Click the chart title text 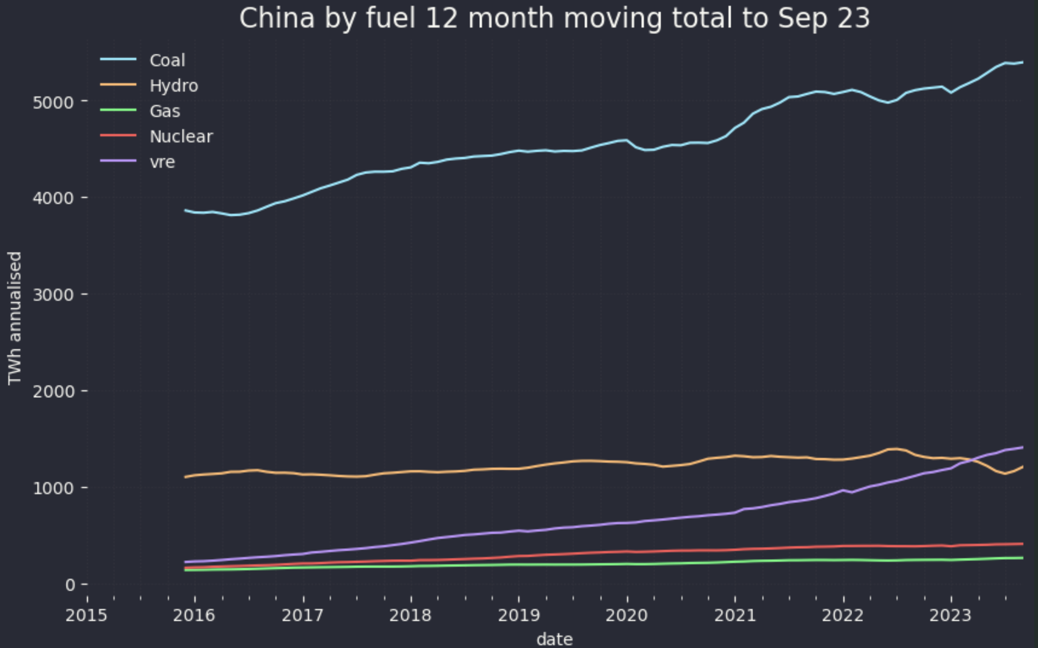click(554, 19)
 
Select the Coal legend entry click(167, 60)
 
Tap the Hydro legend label click(174, 86)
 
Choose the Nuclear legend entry click(181, 137)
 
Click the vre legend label click(162, 162)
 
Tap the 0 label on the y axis click(70, 585)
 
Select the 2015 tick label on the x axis click(86, 616)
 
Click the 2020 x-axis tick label click(626, 616)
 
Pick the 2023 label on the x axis click(950, 616)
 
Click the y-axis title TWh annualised click(15, 318)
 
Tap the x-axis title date click(554, 640)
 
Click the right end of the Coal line click(1022, 63)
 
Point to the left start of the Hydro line click(185, 477)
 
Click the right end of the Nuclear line click(1022, 544)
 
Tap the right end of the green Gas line click(1022, 558)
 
